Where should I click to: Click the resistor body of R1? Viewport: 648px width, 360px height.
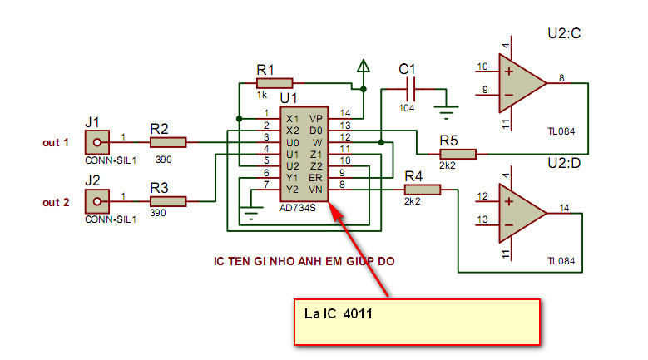coord(275,82)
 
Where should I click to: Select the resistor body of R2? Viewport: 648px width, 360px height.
coord(168,142)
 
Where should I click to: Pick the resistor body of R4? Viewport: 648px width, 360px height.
coord(423,190)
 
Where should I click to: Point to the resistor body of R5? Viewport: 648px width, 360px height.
coord(458,153)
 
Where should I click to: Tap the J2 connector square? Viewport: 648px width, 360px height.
coord(96,200)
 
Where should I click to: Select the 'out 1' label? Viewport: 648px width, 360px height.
coord(56,142)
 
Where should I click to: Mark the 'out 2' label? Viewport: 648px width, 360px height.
coord(56,201)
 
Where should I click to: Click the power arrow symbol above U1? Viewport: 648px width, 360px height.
coord(363,66)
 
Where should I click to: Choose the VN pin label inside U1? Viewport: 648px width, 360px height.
coord(315,190)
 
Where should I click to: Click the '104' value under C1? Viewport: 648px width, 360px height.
coord(408,108)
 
